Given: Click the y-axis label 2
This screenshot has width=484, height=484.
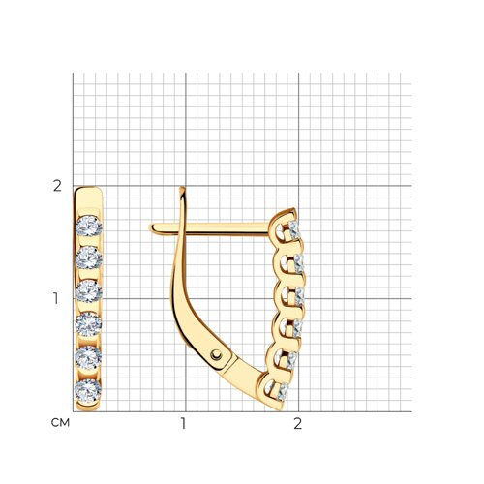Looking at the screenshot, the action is pos(57,186).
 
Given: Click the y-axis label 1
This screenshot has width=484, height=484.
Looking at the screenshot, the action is pos(56,299).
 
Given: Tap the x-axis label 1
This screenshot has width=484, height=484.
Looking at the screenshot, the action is pos(183,423).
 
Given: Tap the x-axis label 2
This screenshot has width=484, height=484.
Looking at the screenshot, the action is pos(297,423).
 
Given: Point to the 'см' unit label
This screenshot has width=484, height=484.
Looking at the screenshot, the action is pos(60,423).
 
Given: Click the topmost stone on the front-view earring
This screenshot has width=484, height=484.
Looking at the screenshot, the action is pos(89,226).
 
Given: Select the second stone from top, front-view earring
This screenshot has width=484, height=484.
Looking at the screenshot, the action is pos(89,257).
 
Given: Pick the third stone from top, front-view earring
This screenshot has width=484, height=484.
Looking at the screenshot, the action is pos(89,291).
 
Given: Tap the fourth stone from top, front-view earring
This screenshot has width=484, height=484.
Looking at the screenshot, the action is pos(88,324).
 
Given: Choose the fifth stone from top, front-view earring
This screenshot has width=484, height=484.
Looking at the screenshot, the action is pos(88,357).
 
